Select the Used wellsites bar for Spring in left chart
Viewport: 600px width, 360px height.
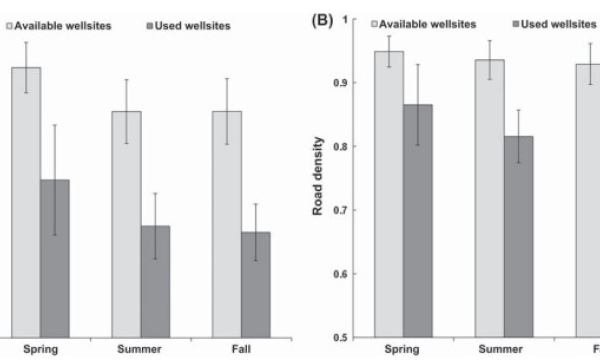(x=55, y=259)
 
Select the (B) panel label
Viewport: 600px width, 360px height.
(x=326, y=21)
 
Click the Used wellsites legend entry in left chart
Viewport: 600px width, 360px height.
(x=184, y=25)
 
